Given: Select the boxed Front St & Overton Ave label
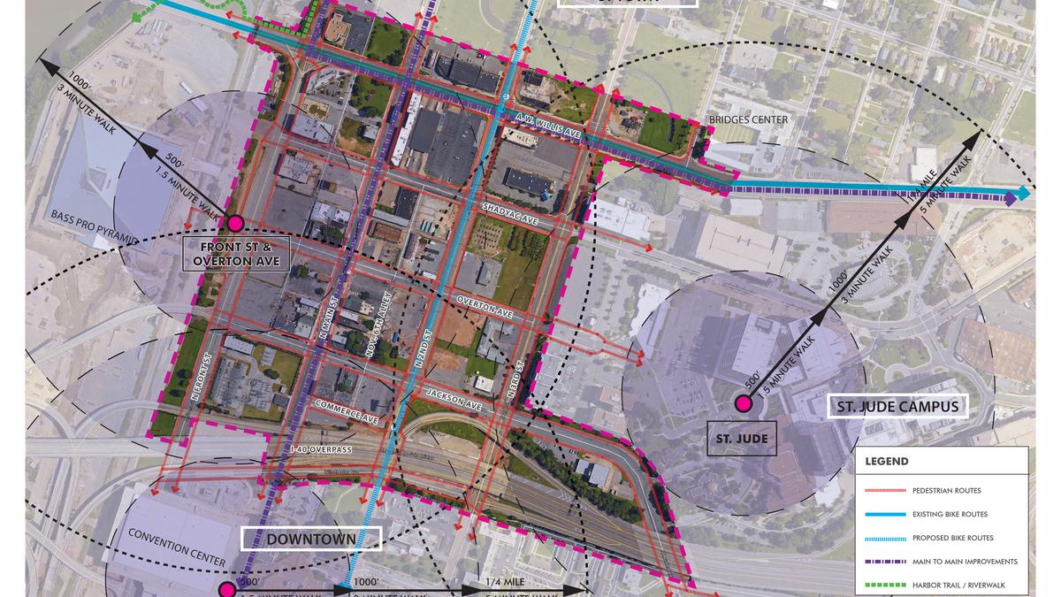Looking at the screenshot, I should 240,255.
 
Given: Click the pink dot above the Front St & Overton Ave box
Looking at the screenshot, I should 235,224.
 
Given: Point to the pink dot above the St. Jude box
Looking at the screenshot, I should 743,405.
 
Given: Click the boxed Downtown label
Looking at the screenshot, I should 312,539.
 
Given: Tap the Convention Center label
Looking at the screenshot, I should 177,547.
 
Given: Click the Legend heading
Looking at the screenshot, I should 887,461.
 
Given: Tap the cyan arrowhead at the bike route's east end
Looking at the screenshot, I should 1024,193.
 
